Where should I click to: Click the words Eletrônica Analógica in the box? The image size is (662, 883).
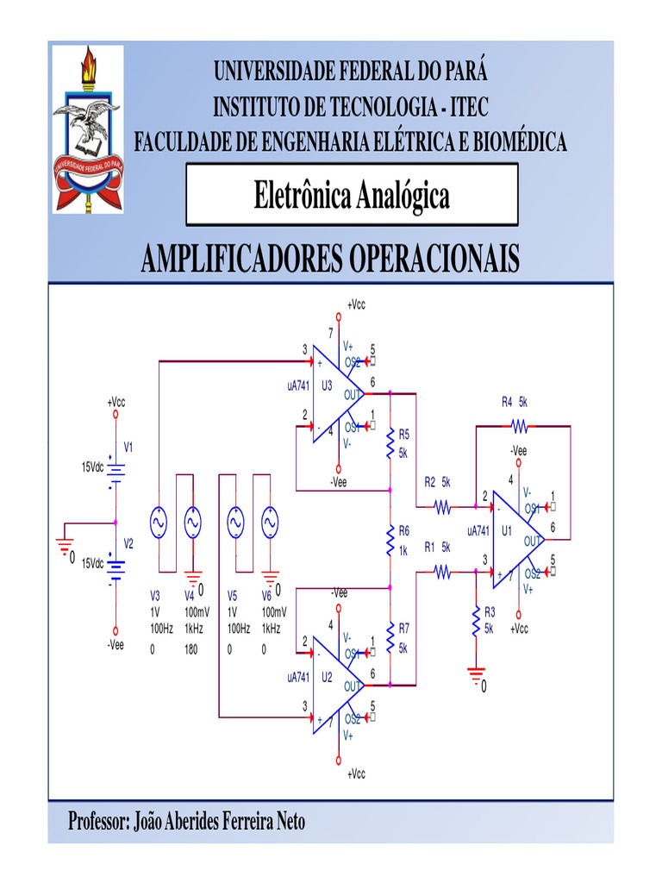pyautogui.click(x=352, y=196)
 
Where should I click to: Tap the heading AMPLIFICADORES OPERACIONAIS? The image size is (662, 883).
pyautogui.click(x=330, y=258)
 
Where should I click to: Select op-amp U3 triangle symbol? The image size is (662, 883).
pyautogui.click(x=336, y=394)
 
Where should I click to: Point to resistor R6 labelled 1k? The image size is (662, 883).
pyautogui.click(x=390, y=539)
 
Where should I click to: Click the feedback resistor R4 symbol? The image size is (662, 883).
pyautogui.click(x=519, y=425)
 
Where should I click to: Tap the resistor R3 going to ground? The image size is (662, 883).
pyautogui.click(x=476, y=620)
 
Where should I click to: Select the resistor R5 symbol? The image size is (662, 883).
pyautogui.click(x=390, y=443)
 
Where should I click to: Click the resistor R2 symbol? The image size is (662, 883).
pyautogui.click(x=443, y=508)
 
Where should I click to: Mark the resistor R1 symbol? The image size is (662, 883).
pyautogui.click(x=443, y=569)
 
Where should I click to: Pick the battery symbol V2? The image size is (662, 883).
pyautogui.click(x=116, y=567)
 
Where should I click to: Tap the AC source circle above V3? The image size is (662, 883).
pyautogui.click(x=159, y=522)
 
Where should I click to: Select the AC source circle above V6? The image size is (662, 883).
pyautogui.click(x=271, y=522)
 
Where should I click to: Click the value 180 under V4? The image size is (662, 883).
pyautogui.click(x=191, y=650)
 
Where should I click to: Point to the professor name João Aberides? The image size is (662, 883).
pyautogui.click(x=186, y=822)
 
